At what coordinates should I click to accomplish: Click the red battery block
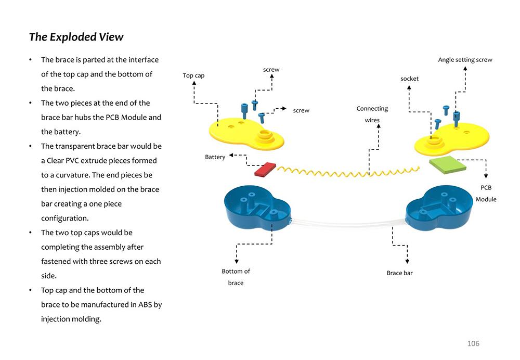click(265, 169)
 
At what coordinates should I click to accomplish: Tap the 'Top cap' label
click(193, 75)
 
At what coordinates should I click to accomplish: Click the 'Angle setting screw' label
click(465, 60)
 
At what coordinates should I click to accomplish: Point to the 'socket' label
click(409, 79)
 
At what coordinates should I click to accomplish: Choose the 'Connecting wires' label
click(372, 114)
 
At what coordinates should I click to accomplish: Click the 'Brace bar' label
click(399, 273)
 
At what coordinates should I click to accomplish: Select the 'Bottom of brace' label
click(236, 277)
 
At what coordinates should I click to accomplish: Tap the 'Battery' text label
click(215, 157)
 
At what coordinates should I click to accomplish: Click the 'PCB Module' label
click(486, 194)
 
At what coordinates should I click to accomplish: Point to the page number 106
click(473, 343)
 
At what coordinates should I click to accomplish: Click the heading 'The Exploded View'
click(76, 37)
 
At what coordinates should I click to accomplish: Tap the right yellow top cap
click(458, 138)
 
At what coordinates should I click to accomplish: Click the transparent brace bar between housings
click(348, 224)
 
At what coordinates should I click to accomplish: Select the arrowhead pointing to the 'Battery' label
click(231, 155)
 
